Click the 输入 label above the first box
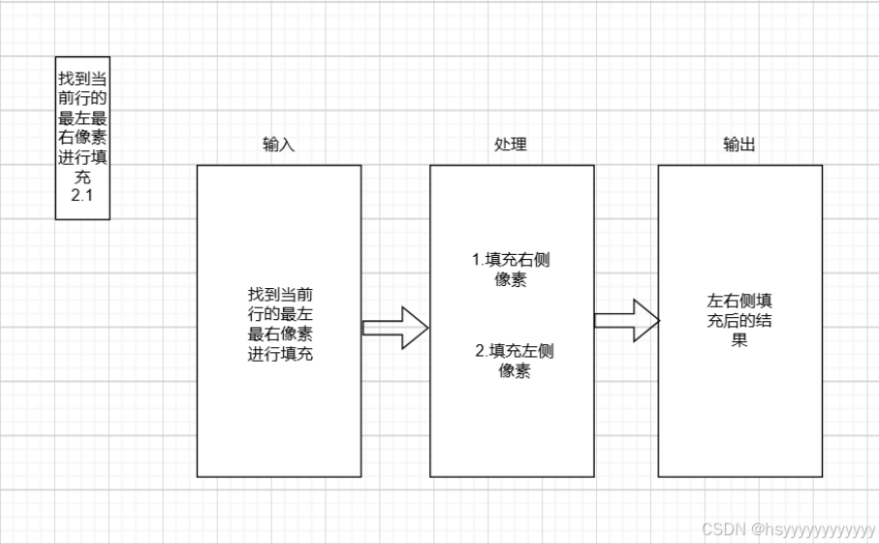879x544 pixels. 278,144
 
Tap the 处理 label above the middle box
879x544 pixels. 511,144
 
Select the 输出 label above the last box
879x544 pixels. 739,144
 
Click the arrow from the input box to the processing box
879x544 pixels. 394,328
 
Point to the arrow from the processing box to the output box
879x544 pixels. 626,320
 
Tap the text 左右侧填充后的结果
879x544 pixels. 739,320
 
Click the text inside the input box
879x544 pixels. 279,324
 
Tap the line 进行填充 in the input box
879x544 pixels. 279,354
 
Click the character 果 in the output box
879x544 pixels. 739,340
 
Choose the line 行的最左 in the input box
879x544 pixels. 279,314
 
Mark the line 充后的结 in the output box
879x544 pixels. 739,320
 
